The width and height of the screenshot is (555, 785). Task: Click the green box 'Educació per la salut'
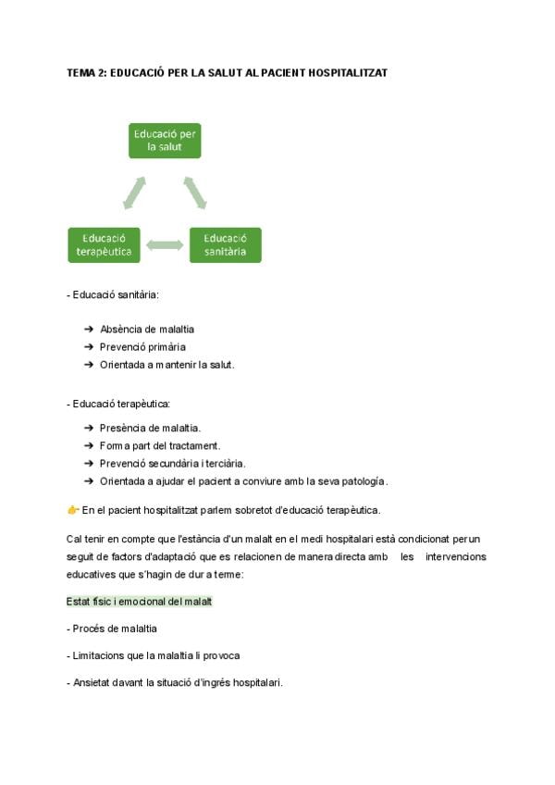(164, 140)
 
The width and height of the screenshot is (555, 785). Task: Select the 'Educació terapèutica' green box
(102, 244)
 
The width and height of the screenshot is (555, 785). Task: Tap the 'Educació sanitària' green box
(225, 244)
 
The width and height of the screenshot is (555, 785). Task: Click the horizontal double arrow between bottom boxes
(165, 245)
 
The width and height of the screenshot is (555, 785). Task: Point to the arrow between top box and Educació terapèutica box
(134, 193)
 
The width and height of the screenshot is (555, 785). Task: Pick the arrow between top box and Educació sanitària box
(194, 192)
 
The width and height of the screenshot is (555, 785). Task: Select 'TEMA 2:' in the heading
(86, 71)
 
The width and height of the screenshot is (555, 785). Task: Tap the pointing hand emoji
(73, 509)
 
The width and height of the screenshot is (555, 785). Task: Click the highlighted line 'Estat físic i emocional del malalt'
(140, 601)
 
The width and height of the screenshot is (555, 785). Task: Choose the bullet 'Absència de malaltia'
(147, 329)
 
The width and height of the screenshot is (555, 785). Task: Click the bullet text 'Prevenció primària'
(142, 346)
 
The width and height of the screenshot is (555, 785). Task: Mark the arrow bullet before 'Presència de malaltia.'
(89, 428)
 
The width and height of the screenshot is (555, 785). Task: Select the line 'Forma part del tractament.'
(160, 445)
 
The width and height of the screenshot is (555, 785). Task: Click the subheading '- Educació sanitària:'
(113, 295)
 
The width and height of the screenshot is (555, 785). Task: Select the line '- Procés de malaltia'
(112, 628)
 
